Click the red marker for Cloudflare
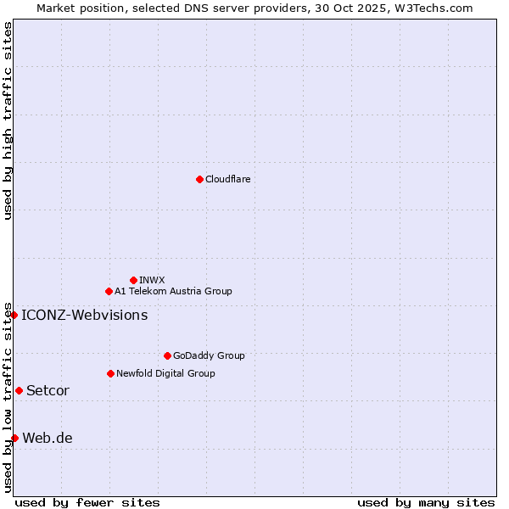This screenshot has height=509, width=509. pyautogui.click(x=199, y=179)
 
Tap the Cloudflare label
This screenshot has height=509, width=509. pyautogui.click(x=227, y=179)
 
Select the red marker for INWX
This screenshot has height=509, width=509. pyautogui.click(x=133, y=280)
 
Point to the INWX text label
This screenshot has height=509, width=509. pyautogui.click(x=152, y=280)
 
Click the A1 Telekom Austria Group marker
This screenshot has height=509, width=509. pyautogui.click(x=109, y=291)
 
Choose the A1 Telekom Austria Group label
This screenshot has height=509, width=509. pyautogui.click(x=173, y=291)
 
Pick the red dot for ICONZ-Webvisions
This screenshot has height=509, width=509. pyautogui.click(x=14, y=315)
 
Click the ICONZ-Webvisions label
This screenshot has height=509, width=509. pyautogui.click(x=84, y=316)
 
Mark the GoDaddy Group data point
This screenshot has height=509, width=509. pyautogui.click(x=167, y=355)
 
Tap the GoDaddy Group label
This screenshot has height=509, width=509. pyautogui.click(x=209, y=355)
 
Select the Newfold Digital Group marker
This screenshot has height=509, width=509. pyautogui.click(x=110, y=373)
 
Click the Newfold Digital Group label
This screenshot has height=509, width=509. pyautogui.click(x=165, y=373)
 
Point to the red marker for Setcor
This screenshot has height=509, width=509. pyautogui.click(x=19, y=390)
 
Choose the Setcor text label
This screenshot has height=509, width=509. pyautogui.click(x=48, y=391)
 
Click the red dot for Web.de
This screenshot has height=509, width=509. pyautogui.click(x=14, y=438)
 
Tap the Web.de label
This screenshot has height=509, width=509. pyautogui.click(x=48, y=439)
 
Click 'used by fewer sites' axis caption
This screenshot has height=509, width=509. pyautogui.click(x=87, y=502)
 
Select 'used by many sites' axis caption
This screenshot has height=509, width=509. pyautogui.click(x=426, y=502)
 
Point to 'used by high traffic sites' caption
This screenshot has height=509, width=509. pyautogui.click(x=8, y=120)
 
